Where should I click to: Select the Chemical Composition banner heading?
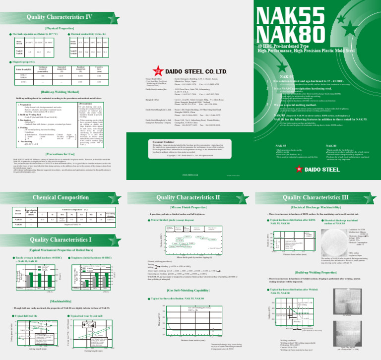tap(60, 198)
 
